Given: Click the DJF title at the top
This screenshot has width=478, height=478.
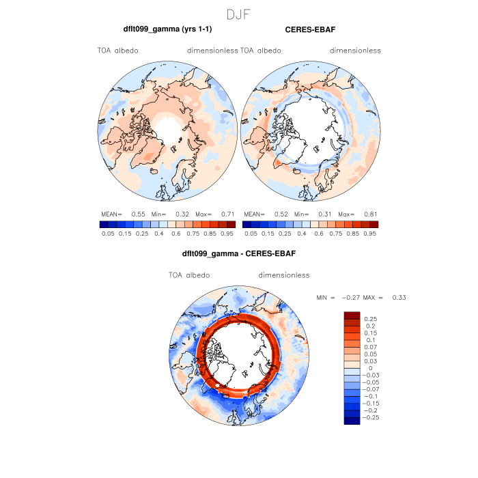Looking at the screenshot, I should point(239,13).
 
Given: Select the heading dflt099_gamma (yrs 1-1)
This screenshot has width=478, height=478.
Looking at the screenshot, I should point(167,30).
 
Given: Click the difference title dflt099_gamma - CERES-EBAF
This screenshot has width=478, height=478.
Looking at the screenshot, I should point(239,255).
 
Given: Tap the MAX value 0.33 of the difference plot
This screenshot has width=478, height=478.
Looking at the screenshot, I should point(400,298).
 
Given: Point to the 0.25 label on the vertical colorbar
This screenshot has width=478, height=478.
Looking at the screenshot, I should point(372,319).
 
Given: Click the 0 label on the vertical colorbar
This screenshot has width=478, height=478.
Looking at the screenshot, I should point(369,367).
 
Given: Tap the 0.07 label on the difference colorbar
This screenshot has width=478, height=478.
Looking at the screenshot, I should point(372,347).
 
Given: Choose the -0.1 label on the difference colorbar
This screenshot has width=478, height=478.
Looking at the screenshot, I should point(371,395).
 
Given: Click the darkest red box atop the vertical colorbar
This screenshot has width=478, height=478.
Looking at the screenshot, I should point(352,314).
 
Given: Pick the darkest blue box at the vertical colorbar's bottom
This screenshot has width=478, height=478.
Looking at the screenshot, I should point(352,421).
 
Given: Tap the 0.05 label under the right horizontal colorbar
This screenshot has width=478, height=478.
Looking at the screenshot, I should point(251,233).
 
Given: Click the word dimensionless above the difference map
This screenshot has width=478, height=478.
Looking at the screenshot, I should point(284,275).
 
